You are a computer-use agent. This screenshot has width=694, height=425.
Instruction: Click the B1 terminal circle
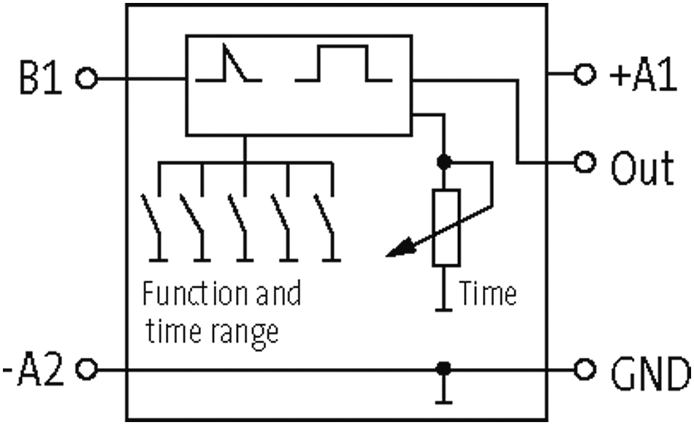click(86, 79)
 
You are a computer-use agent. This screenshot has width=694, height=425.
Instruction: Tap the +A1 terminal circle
click(584, 74)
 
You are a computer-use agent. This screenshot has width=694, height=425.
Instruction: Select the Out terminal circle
click(584, 162)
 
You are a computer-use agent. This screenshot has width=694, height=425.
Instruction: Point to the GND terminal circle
click(584, 370)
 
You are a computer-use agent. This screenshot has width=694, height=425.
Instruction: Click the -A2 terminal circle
click(86, 369)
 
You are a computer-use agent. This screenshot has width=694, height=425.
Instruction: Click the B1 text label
click(41, 78)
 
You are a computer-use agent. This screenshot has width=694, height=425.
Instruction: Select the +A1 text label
click(643, 76)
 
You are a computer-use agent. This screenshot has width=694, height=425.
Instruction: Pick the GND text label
click(650, 374)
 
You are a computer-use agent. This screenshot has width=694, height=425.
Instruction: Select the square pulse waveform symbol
click(343, 64)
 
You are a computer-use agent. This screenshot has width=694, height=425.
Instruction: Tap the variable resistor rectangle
click(446, 228)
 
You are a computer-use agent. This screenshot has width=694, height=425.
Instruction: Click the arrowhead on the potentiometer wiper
click(400, 248)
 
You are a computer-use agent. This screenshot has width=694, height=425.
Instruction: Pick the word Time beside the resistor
click(488, 293)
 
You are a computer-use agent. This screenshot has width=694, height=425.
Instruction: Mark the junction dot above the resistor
click(444, 162)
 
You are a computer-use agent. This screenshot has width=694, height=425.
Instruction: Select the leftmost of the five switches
click(154, 227)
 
